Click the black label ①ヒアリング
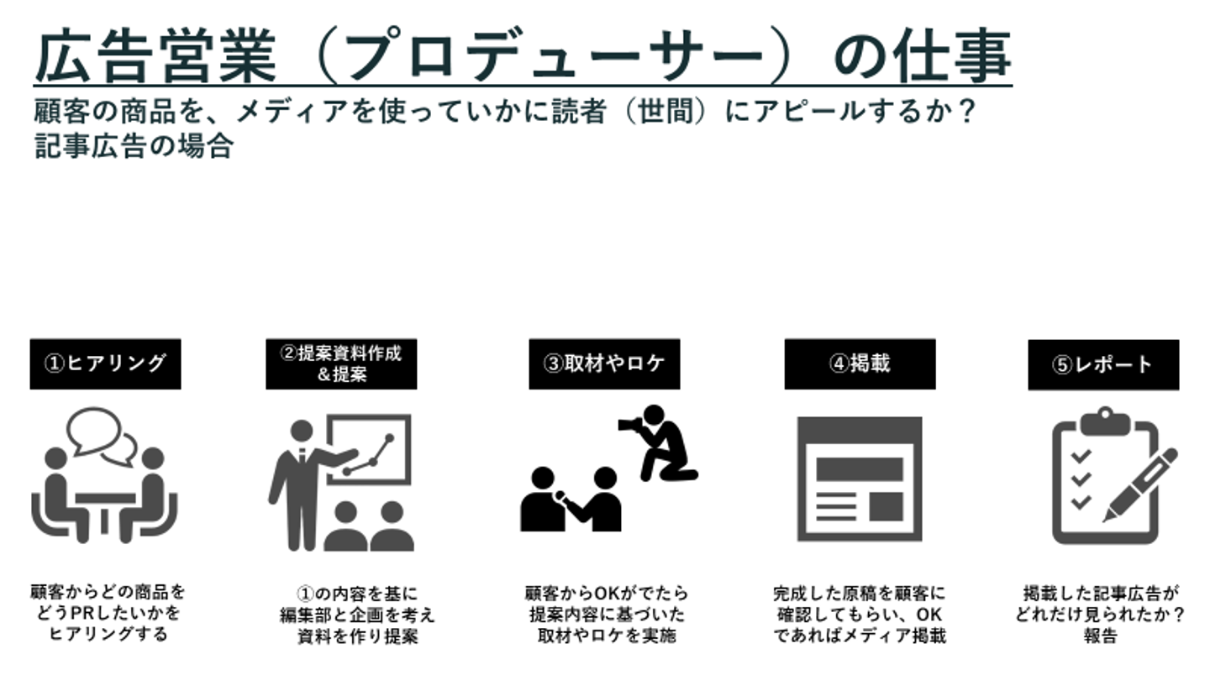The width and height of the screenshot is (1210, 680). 105,364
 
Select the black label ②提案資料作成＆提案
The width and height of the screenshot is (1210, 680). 341,364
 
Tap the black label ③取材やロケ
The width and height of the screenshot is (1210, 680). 604,364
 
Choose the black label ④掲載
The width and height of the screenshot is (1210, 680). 860,364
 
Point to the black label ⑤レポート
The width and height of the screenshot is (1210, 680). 1103,364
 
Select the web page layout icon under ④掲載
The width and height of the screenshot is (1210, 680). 859,479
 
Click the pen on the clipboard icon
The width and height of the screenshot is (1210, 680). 1140,485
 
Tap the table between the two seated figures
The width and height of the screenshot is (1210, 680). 105,505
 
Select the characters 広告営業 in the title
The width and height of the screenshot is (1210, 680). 155,58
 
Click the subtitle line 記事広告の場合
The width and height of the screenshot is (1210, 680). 134,146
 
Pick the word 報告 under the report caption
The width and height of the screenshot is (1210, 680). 1100,636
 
